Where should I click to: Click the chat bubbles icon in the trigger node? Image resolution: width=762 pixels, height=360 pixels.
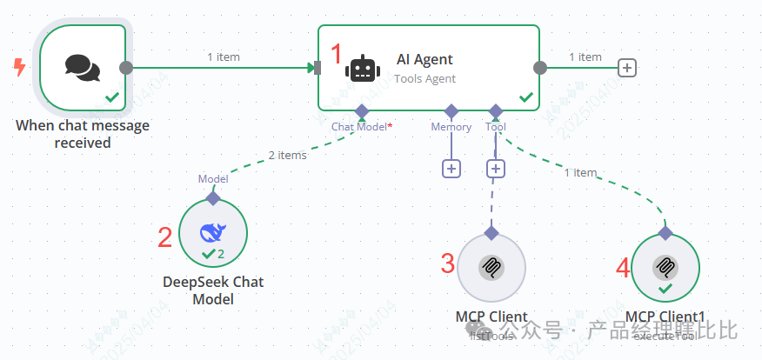[83, 67]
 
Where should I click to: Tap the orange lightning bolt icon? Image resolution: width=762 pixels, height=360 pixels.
[18, 67]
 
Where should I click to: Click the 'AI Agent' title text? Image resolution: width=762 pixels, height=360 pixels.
[424, 60]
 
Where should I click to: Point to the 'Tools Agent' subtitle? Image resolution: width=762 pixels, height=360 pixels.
[424, 78]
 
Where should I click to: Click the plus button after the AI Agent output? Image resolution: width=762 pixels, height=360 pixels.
[626, 68]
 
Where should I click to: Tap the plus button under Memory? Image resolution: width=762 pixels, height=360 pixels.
[451, 169]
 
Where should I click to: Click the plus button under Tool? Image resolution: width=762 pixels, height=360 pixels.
[496, 169]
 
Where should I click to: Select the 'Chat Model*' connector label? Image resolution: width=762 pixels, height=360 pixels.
[362, 127]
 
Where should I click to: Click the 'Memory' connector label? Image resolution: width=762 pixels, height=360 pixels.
[451, 127]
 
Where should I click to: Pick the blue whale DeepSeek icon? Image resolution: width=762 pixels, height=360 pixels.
[212, 232]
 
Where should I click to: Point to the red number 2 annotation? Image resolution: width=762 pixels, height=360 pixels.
[164, 237]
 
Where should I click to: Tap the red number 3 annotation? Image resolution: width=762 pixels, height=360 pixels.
[447, 263]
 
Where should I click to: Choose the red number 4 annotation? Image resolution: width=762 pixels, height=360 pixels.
[622, 268]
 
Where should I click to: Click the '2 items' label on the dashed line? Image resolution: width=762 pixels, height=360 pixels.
[286, 156]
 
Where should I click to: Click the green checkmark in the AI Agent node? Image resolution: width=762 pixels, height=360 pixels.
[525, 98]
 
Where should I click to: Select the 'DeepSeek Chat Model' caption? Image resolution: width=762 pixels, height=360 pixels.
[212, 290]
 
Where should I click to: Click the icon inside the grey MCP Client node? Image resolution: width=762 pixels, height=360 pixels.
[491, 266]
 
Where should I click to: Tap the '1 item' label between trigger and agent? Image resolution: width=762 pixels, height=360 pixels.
[223, 57]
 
